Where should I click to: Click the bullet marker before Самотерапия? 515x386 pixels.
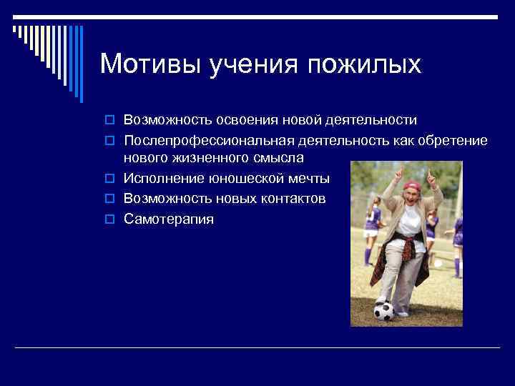click(112, 219)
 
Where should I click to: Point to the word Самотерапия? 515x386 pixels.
click(168, 219)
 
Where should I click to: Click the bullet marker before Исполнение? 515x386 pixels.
click(112, 179)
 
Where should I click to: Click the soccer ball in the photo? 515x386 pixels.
click(383, 310)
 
